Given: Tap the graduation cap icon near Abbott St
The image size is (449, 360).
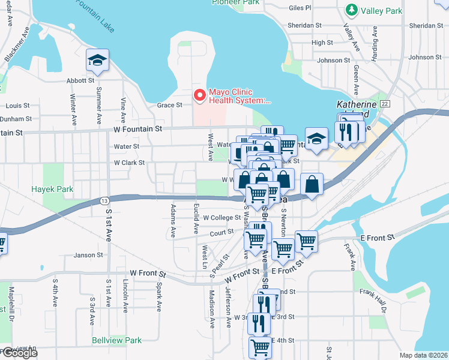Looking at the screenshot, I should point(97,60).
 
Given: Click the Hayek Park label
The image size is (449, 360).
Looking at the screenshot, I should point(52,189).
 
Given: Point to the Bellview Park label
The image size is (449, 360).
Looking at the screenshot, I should point(117,340).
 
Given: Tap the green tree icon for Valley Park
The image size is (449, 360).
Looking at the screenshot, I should point(351,10).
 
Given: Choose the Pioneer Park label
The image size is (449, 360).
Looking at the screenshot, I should point(235,2).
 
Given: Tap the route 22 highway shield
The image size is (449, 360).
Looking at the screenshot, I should point(385,104).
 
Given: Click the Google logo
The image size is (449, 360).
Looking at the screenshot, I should point(19,353).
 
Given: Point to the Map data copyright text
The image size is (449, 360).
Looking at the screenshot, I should point(423,355).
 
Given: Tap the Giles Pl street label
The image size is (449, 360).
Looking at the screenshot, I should point(300,8).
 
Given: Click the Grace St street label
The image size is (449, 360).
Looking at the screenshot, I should point(169,105).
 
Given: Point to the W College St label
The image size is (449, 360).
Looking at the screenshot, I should point(222,218).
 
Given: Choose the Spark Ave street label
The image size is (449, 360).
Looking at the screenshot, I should point(159,297).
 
